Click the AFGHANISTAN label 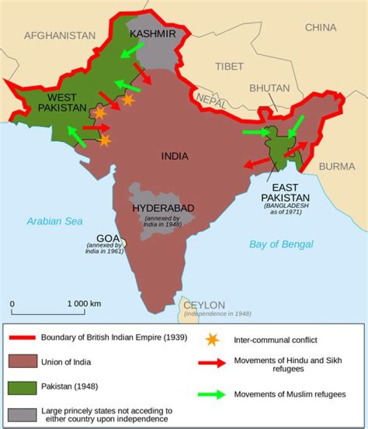click(x=60, y=35)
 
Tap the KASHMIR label click(x=152, y=34)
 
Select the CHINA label click(x=320, y=28)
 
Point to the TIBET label click(x=229, y=66)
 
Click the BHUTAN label click(x=269, y=88)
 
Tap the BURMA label click(x=336, y=166)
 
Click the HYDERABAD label click(x=163, y=208)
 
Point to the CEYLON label click(x=204, y=305)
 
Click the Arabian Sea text click(x=55, y=221)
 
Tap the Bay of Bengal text click(x=281, y=244)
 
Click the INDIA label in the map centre click(x=175, y=156)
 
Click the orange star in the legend click(x=211, y=340)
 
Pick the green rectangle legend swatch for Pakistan click(x=22, y=387)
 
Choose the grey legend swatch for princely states click(x=22, y=414)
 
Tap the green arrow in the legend click(x=211, y=394)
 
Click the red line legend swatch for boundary click(x=22, y=338)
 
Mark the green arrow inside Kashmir click(x=132, y=50)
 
